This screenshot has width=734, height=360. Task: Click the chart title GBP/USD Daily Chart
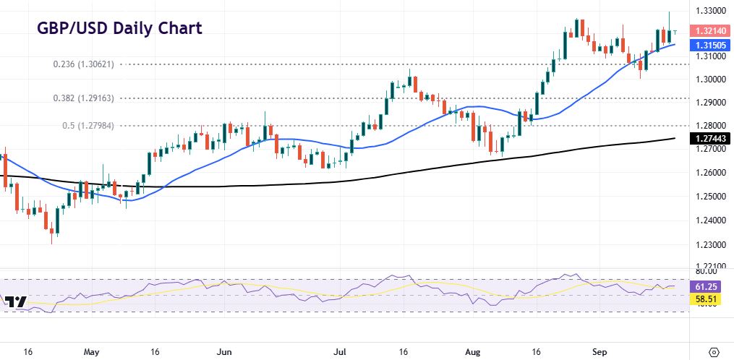119,29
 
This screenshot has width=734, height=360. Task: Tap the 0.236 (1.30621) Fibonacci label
88,64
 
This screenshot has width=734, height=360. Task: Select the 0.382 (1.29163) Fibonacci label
88,98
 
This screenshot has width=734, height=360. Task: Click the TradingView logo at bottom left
15,301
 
